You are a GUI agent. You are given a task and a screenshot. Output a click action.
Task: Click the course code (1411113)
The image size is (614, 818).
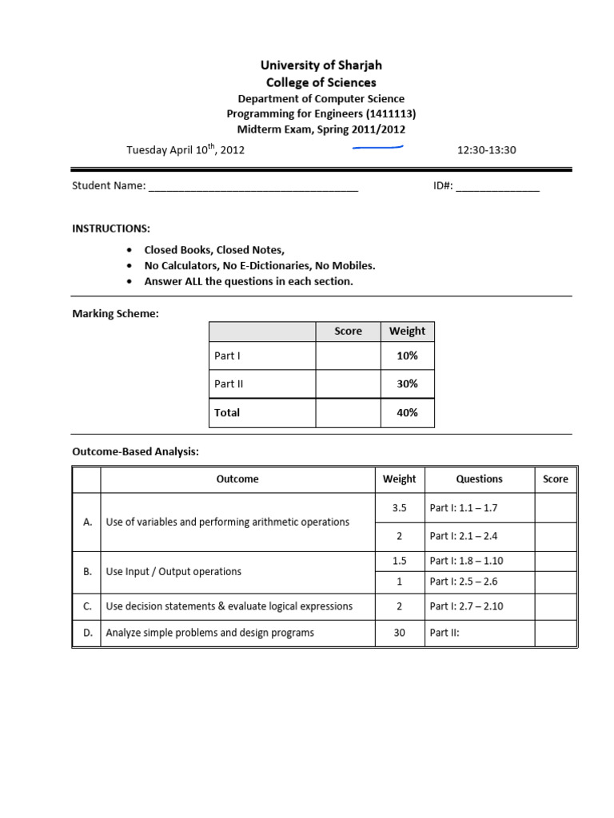pos(391,114)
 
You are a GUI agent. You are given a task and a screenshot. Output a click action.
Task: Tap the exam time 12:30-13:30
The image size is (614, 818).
pos(487,149)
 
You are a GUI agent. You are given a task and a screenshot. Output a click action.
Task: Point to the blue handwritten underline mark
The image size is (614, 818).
pos(377,147)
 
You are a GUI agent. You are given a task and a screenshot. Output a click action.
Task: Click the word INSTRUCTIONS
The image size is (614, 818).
pos(111,228)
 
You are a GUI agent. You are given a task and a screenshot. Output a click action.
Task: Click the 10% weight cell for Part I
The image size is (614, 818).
pos(407,355)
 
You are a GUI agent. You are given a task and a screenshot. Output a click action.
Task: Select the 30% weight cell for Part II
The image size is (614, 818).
pos(407,384)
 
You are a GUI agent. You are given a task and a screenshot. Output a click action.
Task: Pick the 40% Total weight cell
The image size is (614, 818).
pos(407,413)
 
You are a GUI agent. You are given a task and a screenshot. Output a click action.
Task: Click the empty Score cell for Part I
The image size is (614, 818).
pos(348,355)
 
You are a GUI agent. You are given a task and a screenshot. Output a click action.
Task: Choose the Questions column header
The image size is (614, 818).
pos(479,479)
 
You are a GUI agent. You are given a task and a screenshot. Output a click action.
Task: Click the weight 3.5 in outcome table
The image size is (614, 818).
pos(399,507)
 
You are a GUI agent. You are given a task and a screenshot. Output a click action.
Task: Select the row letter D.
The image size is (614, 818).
pos(87,633)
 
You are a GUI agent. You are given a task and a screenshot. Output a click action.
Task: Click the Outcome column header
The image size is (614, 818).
pos(237,479)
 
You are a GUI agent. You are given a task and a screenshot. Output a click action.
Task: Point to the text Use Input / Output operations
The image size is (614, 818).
pos(173,571)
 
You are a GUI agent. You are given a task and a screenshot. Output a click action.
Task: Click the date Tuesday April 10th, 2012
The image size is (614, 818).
pos(185,149)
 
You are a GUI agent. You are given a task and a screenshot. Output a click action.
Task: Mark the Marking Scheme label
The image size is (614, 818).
pos(115,314)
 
